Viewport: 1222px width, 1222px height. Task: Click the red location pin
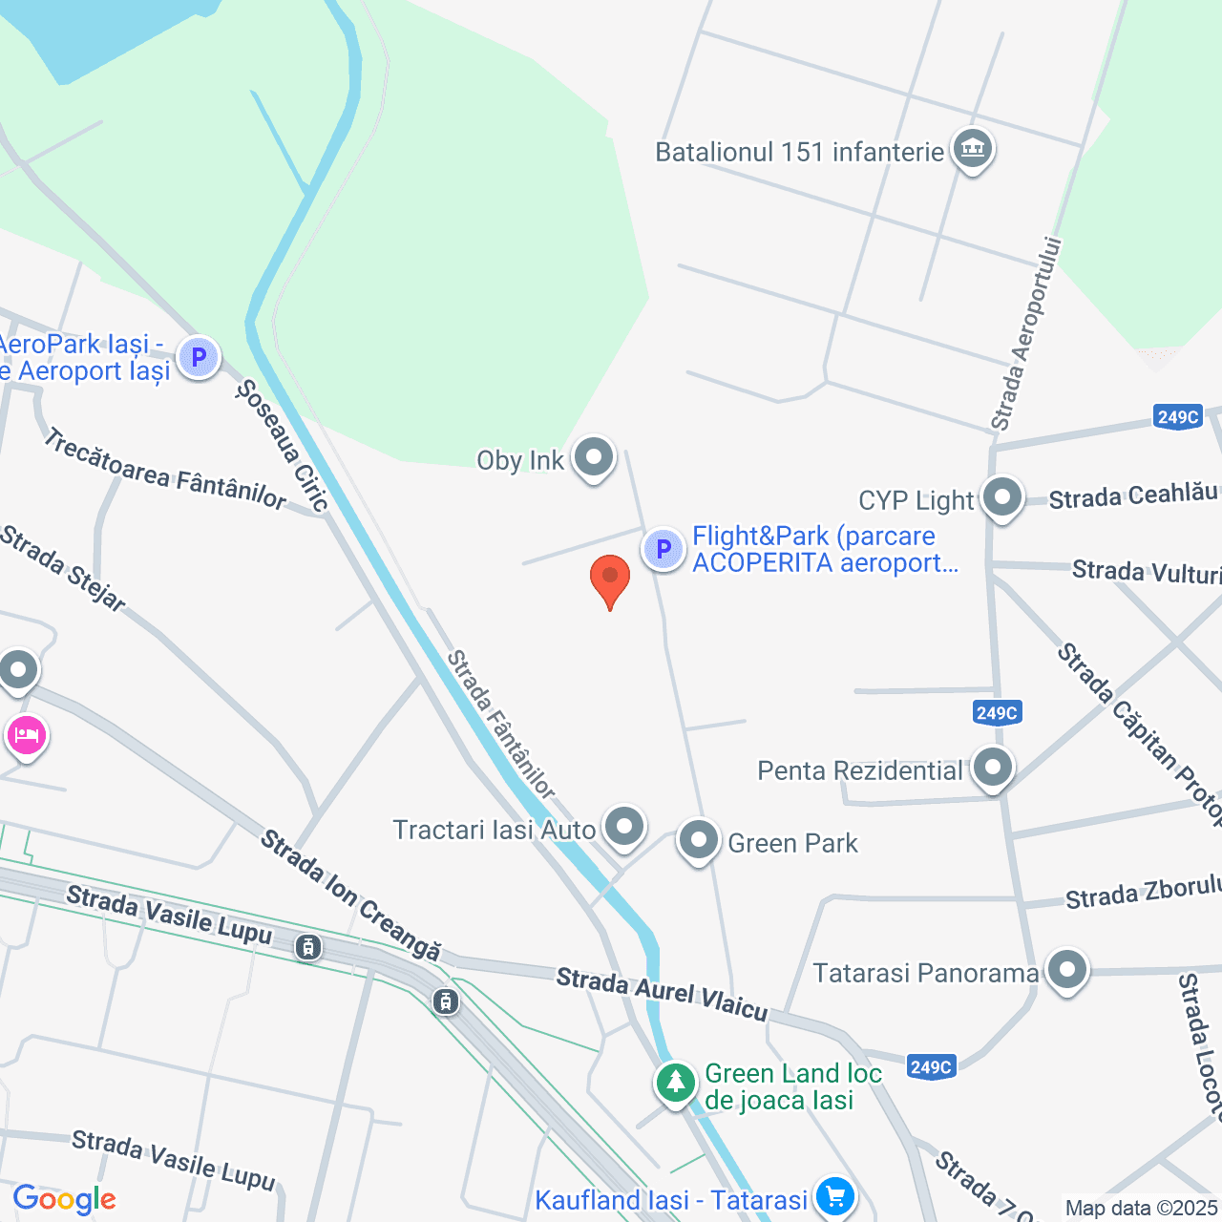[610, 579]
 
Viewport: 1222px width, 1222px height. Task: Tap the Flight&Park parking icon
[664, 549]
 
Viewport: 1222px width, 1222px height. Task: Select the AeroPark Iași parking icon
[199, 358]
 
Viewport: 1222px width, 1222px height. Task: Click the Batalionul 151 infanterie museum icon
[973, 149]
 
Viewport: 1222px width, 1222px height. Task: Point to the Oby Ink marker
[594, 457]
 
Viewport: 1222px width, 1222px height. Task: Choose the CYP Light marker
[1002, 497]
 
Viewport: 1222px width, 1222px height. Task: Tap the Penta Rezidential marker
[993, 768]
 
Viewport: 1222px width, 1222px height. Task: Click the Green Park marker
[698, 841]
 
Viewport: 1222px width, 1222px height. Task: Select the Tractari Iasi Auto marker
[625, 826]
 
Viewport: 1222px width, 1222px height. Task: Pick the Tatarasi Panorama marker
[1066, 971]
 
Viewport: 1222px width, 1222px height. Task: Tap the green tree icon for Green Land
[676, 1083]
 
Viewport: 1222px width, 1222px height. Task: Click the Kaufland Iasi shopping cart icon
[834, 1195]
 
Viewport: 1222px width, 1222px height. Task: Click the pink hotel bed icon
[27, 736]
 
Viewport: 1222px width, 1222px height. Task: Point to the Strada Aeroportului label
[1025, 334]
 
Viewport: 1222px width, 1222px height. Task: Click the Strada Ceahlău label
[1133, 495]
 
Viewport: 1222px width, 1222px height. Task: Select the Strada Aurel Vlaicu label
[662, 993]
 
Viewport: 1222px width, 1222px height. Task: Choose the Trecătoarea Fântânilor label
[165, 469]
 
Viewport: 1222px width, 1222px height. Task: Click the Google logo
[65, 1199]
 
